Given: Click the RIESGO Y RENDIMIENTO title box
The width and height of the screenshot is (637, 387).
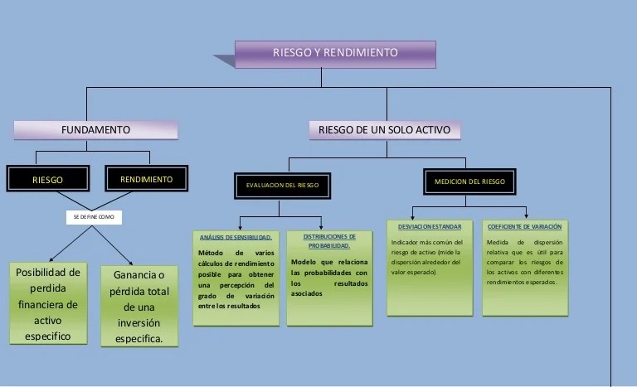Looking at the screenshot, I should (x=335, y=53).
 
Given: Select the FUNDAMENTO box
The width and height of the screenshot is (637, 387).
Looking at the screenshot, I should (x=95, y=130).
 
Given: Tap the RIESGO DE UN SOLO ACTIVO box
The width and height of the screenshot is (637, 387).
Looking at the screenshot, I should (x=385, y=130).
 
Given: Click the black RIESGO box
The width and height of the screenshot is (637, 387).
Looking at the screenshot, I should (x=47, y=180).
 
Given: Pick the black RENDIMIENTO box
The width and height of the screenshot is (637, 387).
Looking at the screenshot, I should (x=147, y=179).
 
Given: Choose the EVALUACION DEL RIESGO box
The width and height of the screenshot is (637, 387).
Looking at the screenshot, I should (x=282, y=185).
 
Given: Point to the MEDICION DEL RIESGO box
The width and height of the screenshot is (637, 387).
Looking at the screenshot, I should (x=469, y=181).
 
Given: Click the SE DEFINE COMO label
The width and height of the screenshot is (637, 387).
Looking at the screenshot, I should (x=95, y=217).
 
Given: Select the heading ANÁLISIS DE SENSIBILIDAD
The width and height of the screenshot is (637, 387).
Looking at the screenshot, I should (x=236, y=238).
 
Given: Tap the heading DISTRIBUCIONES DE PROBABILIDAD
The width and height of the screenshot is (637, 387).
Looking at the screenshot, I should (x=328, y=241).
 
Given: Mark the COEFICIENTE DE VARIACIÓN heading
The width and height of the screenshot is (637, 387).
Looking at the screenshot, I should (x=525, y=226).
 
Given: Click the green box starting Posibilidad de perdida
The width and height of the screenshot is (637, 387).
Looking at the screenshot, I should (x=48, y=303).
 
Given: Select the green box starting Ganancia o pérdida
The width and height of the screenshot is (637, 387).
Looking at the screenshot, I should (x=139, y=306).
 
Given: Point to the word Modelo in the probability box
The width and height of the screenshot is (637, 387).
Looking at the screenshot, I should (x=305, y=262).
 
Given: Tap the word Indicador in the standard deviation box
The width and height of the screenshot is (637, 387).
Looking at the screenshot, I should (x=406, y=243).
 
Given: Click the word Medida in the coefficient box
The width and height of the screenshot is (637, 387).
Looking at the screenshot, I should (x=500, y=243).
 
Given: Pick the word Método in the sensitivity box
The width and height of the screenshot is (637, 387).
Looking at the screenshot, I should (x=213, y=252).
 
